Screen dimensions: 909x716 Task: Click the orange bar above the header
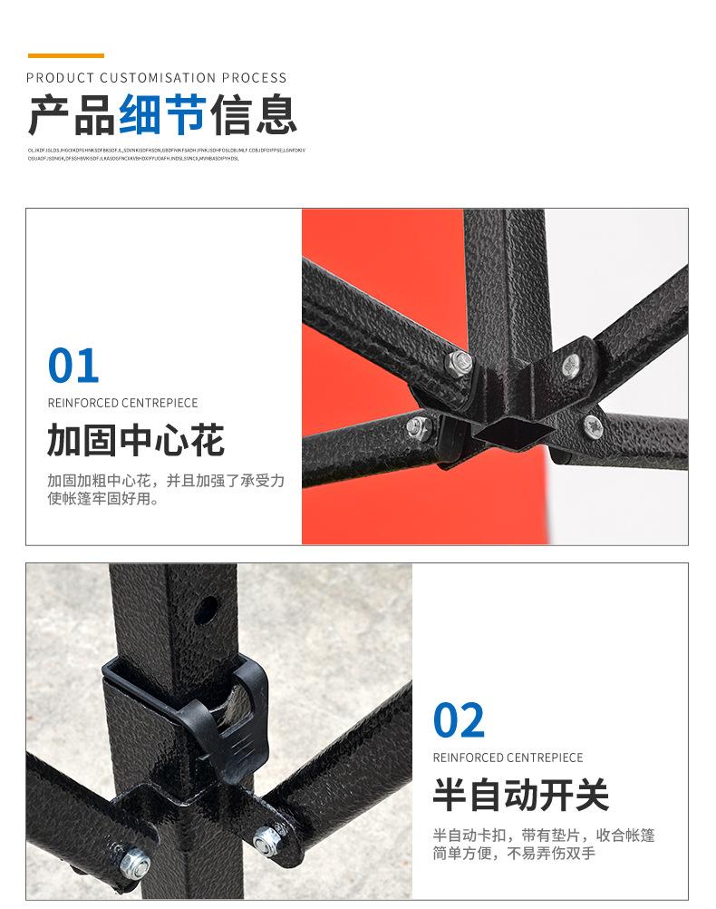65,56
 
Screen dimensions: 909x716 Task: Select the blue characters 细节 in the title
162,115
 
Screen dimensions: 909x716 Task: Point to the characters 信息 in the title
254,115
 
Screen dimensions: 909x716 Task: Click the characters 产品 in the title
72,115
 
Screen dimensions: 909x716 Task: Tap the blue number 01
73,366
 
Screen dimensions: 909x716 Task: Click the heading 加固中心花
136,442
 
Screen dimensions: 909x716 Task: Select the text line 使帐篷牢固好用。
103,499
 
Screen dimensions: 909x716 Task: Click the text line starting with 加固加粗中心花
166,480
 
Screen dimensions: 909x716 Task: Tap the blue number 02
459,721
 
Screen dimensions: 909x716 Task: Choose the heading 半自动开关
521,796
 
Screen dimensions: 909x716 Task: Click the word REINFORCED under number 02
469,757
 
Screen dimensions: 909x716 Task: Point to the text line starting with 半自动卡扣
544,835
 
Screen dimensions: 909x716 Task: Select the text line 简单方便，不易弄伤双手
514,854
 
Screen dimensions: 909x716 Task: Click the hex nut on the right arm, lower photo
265,840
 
